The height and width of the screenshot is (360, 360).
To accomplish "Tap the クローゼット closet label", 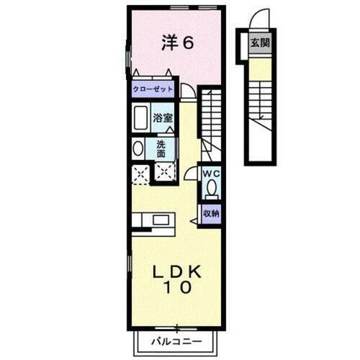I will [153, 89].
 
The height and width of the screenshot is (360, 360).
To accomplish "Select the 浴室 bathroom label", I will [161, 116].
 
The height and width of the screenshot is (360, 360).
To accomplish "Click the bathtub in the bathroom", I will [140, 117].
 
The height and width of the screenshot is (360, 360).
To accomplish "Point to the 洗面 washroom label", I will [161, 148].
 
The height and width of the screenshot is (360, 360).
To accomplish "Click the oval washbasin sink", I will [138, 148].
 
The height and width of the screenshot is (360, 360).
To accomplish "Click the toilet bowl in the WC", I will [211, 189].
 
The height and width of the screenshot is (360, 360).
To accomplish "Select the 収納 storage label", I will [210, 213].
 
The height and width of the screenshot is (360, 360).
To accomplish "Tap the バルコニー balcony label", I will [176, 340].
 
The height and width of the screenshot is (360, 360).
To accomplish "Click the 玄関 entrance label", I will [258, 43].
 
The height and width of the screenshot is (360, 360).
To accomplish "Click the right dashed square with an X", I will [166, 173].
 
